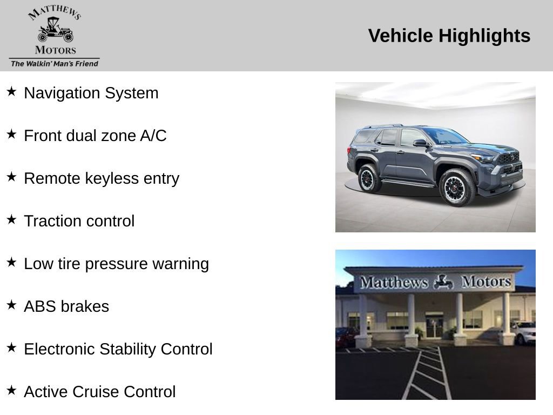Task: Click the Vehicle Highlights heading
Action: [x=449, y=36]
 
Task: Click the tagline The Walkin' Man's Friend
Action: [x=55, y=64]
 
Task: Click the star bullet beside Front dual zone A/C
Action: [x=11, y=134]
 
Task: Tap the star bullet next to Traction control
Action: [x=11, y=219]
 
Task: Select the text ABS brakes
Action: [x=66, y=306]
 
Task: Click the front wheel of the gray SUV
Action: [x=457, y=188]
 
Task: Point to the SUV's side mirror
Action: [x=420, y=143]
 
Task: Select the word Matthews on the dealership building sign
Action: [x=394, y=282]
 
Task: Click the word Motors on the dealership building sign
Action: [x=485, y=282]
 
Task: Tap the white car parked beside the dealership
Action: [x=524, y=332]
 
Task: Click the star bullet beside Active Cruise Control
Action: [x=11, y=390]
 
